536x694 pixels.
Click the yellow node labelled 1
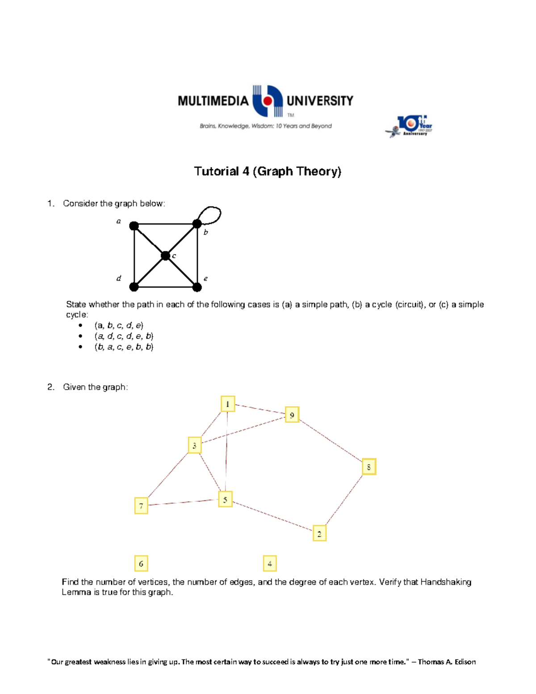tap(227, 404)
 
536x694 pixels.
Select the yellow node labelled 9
tap(292, 415)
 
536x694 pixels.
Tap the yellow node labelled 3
tap(194, 445)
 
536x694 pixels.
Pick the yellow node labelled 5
tap(225, 499)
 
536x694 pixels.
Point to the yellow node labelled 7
tap(141, 506)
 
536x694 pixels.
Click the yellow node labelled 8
tap(368, 467)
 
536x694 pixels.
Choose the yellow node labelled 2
tap(319, 533)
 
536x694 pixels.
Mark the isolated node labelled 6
tap(141, 564)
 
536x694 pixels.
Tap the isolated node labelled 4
tap(270, 564)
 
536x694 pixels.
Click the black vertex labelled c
tap(165, 256)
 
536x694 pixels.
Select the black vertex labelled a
tap(134, 226)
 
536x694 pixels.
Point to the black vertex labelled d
tap(134, 286)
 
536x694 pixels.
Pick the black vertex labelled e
tap(197, 286)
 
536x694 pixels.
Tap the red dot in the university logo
tap(268, 101)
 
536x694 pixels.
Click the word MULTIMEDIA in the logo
tap(213, 101)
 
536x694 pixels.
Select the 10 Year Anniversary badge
tap(410, 126)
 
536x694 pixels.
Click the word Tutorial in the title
tap(216, 171)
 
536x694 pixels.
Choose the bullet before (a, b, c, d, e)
tap(80, 325)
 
